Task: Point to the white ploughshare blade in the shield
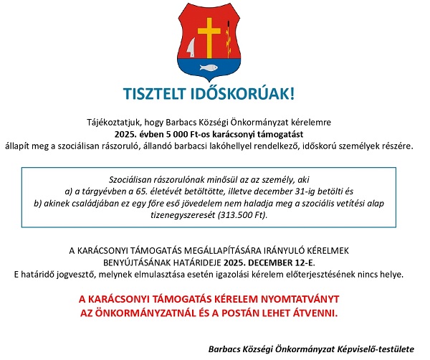[191, 48]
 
